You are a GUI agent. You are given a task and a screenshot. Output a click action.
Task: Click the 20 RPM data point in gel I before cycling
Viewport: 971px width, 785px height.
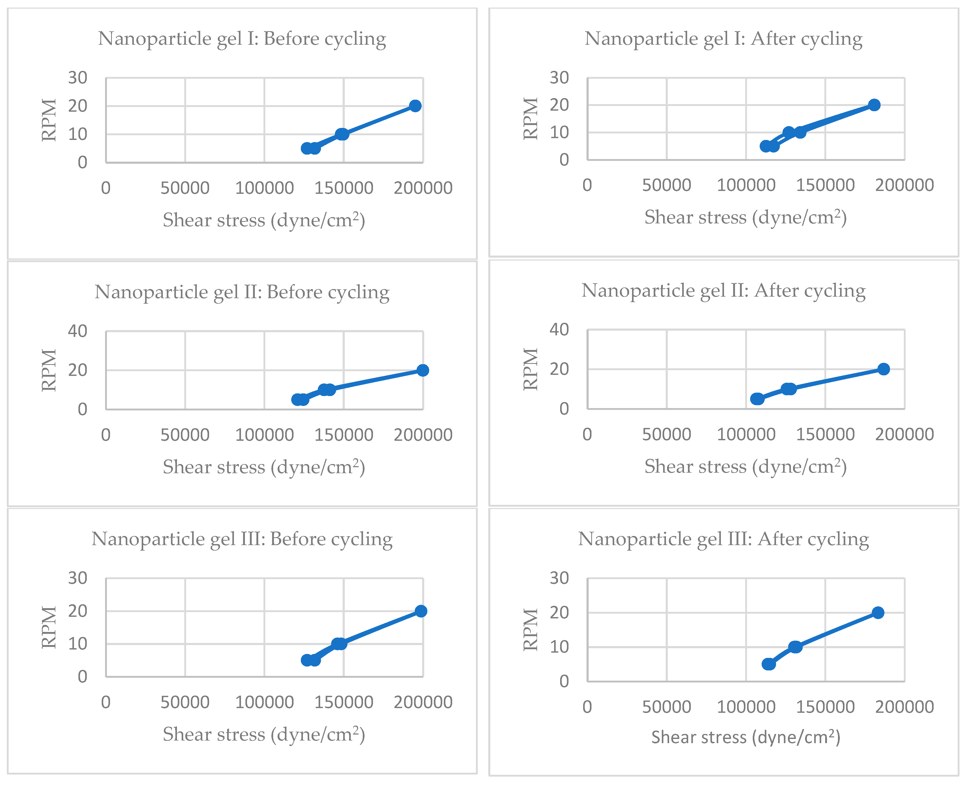point(415,106)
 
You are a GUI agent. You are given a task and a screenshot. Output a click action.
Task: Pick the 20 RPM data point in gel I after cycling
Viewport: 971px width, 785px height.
point(874,105)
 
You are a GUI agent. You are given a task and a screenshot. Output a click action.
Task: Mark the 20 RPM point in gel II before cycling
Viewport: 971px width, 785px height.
point(422,370)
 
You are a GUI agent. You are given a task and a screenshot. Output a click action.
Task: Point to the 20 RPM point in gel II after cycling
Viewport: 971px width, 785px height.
point(883,369)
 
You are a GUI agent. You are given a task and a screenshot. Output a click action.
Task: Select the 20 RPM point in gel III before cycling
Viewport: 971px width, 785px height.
point(421,611)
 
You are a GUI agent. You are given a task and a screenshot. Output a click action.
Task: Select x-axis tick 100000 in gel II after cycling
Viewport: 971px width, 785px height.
point(746,434)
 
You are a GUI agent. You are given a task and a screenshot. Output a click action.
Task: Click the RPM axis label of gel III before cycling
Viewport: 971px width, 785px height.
point(49,628)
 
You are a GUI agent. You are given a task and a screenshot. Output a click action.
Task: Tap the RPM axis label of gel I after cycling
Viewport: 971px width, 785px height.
point(531,119)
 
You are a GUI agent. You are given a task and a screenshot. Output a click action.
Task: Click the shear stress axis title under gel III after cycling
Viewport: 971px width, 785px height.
point(745,737)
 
